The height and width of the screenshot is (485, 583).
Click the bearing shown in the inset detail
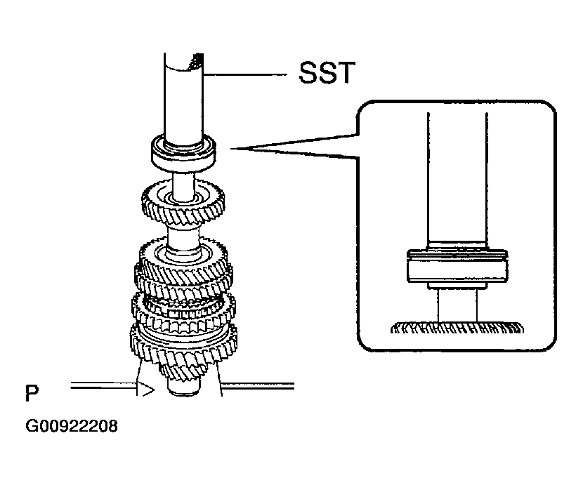(457, 267)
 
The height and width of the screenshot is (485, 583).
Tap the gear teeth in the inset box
(457, 327)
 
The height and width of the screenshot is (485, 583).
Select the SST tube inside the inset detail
(457, 182)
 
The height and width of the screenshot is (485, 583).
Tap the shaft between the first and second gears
(184, 232)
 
